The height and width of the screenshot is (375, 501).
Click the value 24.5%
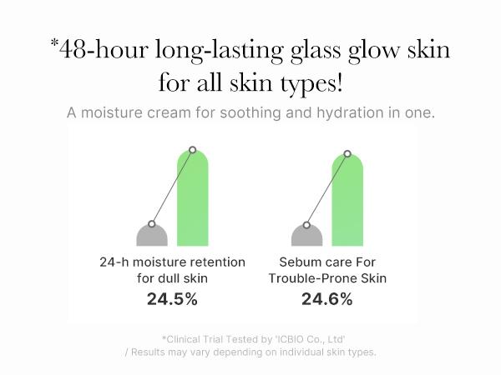pyautogui.click(x=172, y=298)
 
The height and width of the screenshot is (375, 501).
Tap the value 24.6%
pyautogui.click(x=327, y=298)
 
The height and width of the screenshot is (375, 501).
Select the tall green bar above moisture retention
pyautogui.click(x=192, y=200)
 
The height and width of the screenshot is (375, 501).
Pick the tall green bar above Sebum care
pyautogui.click(x=347, y=200)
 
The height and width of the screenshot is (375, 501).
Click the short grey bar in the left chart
pyautogui.click(x=152, y=235)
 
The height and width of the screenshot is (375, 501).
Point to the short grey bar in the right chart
pyautogui.click(x=306, y=235)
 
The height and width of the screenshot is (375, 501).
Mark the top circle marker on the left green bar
pyautogui.click(x=193, y=150)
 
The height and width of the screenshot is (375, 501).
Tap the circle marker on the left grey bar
pyautogui.click(x=152, y=223)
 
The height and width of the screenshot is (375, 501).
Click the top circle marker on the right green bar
pyautogui.click(x=347, y=153)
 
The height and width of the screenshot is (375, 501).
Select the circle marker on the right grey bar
pyautogui.click(x=306, y=224)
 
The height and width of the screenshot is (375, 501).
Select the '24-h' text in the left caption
pyautogui.click(x=114, y=262)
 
